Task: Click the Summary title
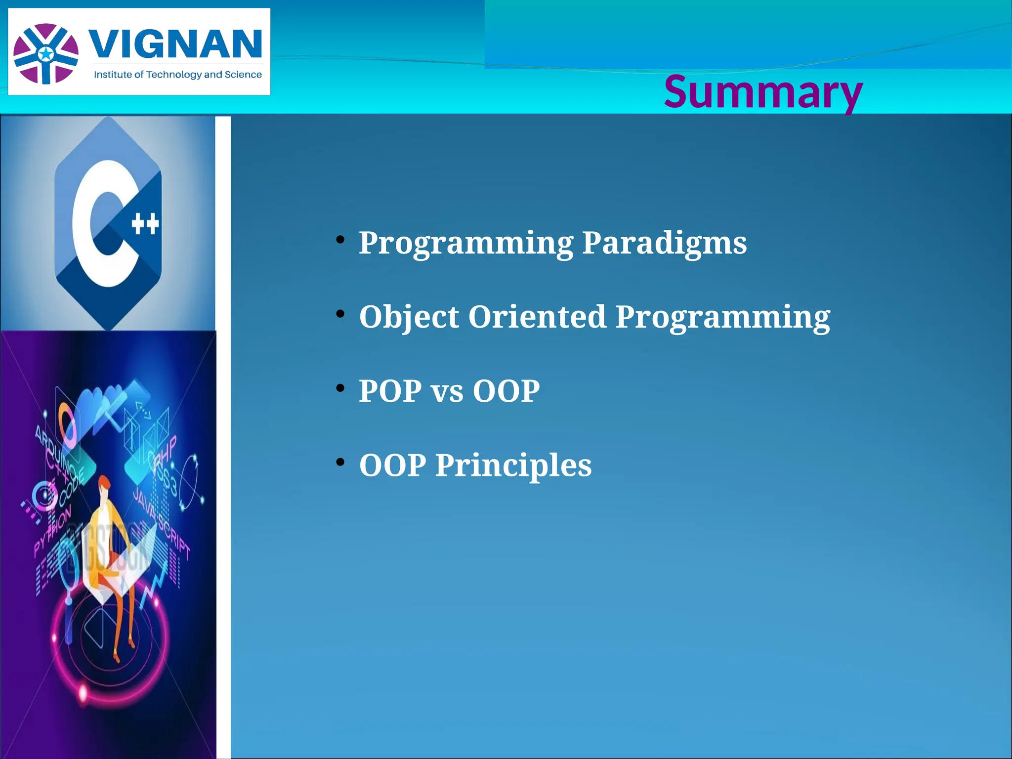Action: (763, 92)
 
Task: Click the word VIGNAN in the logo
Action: (176, 44)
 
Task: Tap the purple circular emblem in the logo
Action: (46, 53)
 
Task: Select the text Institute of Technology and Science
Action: (178, 75)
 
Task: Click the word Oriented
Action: (537, 317)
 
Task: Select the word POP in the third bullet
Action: (390, 391)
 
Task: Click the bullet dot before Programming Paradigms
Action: (340, 240)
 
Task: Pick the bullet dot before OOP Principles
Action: (340, 463)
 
